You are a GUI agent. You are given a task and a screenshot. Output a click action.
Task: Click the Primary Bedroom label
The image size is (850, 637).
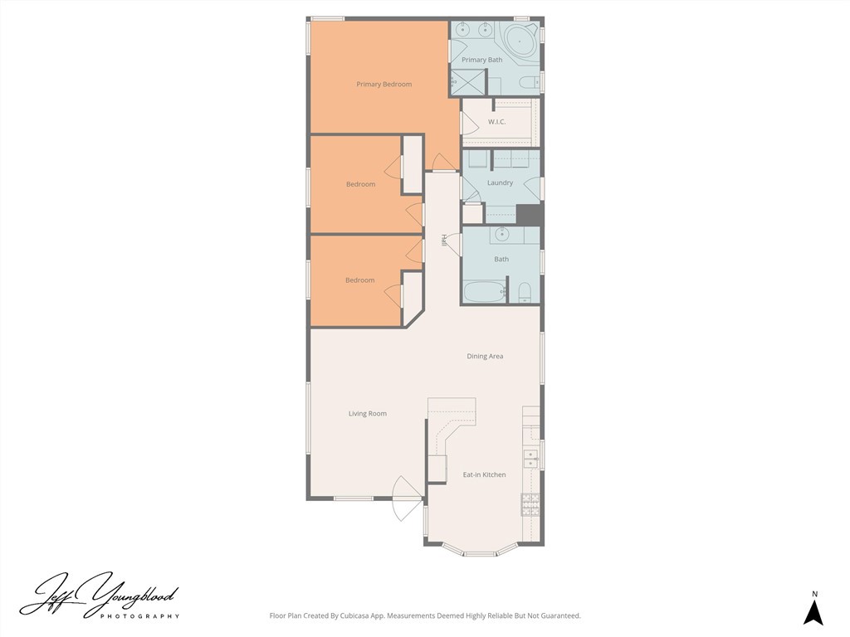click(383, 84)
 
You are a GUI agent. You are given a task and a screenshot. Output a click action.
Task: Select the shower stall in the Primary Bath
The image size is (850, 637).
click(467, 82)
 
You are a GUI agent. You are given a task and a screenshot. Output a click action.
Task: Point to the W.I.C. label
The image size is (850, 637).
click(496, 122)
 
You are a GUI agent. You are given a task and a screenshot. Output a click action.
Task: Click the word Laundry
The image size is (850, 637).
click(500, 182)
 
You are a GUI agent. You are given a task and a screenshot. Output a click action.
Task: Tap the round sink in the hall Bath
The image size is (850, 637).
click(501, 235)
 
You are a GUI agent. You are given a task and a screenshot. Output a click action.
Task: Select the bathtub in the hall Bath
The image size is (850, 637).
click(483, 292)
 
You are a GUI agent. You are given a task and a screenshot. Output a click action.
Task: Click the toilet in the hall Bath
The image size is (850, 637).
click(524, 291)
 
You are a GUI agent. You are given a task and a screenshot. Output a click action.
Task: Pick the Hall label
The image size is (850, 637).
click(445, 241)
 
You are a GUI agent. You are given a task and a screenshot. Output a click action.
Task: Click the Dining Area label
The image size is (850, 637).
click(485, 356)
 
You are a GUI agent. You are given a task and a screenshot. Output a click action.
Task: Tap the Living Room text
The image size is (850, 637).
click(367, 413)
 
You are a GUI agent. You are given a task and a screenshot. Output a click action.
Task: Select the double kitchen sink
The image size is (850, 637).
click(530, 459)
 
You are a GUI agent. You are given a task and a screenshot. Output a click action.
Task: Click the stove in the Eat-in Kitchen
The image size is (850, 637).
click(530, 502)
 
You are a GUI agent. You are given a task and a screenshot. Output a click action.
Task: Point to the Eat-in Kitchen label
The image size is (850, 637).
click(484, 474)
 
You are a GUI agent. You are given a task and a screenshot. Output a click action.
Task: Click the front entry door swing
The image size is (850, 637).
click(407, 500)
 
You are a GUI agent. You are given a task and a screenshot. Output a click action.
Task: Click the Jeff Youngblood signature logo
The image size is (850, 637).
click(100, 595)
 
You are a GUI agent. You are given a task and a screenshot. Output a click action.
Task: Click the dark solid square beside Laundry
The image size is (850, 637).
click(529, 214)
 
